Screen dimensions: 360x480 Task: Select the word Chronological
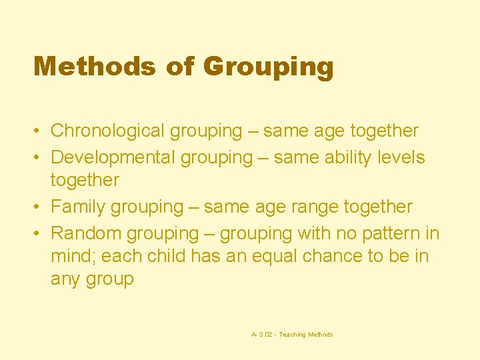tap(108, 131)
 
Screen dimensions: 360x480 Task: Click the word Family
tap(78, 207)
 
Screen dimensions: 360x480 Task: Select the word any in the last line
tap(65, 279)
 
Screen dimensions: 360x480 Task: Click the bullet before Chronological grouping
tap(39, 131)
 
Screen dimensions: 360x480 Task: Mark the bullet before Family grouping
tap(39, 207)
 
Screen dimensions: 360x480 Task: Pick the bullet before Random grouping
tap(39, 233)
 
